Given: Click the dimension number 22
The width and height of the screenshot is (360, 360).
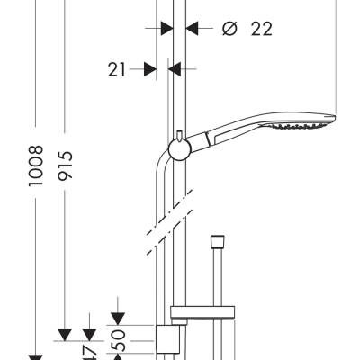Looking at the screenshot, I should pos(261,29).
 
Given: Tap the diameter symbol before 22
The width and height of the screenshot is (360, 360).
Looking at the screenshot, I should pos(229,29).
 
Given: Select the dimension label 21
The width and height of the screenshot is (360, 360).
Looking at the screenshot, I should pos(115,68).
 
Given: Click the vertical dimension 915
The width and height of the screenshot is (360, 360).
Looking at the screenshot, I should pos(65,164).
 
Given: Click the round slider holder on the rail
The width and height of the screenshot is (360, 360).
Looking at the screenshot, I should pos(179,150).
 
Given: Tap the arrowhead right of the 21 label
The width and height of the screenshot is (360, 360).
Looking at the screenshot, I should pos(176,68).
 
